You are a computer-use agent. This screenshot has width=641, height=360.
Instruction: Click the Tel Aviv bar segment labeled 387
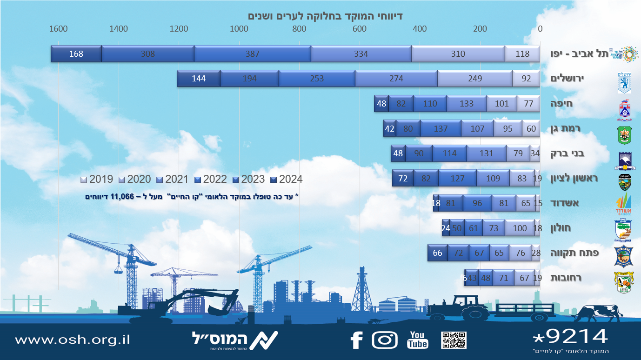[253, 54]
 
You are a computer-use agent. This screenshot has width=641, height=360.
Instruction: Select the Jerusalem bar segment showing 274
[396, 79]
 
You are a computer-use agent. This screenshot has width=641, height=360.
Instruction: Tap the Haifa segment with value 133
[467, 104]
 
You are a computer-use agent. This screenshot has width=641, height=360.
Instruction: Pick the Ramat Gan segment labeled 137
[441, 129]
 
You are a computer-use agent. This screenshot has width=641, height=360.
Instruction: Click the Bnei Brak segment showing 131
[486, 153]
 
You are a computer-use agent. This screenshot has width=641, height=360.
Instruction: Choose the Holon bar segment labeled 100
[519, 228]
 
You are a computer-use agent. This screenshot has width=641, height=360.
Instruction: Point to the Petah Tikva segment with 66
[438, 253]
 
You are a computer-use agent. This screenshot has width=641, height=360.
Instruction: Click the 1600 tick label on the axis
[58, 29]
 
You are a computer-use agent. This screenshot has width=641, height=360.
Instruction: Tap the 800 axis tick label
[300, 29]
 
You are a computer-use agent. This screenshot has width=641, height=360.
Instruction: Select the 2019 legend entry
[98, 179]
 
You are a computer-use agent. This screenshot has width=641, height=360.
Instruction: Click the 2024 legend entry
[287, 179]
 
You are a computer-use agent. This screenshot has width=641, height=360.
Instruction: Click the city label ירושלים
[568, 79]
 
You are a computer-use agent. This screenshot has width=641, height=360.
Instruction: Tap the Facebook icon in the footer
[356, 340]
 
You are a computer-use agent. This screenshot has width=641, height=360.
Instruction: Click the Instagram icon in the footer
[384, 340]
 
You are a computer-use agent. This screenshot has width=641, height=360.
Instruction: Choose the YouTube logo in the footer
[417, 340]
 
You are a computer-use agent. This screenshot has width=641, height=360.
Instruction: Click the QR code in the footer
[454, 340]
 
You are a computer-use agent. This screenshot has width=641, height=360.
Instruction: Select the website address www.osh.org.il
[72, 340]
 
